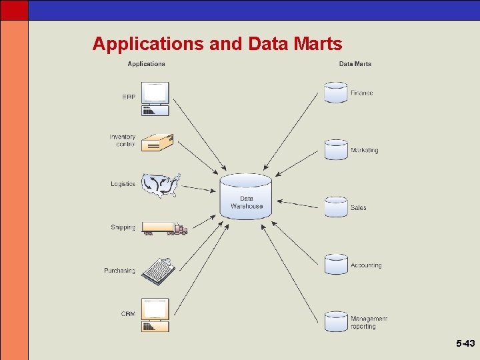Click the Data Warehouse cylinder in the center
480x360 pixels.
(x=246, y=196)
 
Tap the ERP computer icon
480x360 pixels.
(x=155, y=99)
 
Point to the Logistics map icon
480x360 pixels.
(x=161, y=185)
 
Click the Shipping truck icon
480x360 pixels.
(x=164, y=229)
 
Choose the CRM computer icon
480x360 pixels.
(x=155, y=315)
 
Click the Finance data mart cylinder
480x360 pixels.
(x=335, y=92)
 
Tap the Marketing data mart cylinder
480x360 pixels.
(x=336, y=149)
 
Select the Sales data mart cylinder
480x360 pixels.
(x=336, y=207)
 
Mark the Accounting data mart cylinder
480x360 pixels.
(x=336, y=264)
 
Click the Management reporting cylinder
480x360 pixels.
(x=336, y=321)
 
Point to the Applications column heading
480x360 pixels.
(x=146, y=64)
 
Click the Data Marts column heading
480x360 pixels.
(x=355, y=64)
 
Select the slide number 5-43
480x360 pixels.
(x=465, y=344)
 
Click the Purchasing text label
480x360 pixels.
(x=119, y=271)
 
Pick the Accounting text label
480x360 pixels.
(x=366, y=265)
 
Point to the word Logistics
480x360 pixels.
(x=123, y=184)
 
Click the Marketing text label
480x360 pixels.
(x=364, y=151)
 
